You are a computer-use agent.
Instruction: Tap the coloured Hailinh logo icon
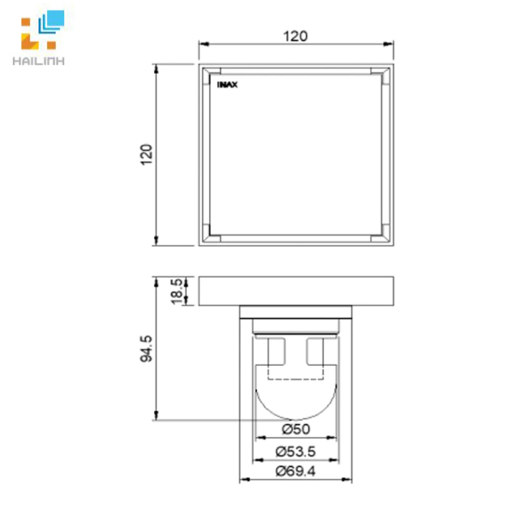[x=42, y=32]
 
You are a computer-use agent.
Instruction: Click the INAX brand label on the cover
[x=227, y=85]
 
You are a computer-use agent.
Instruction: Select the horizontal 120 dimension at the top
[x=296, y=36]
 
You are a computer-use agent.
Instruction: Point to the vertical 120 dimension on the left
[x=147, y=155]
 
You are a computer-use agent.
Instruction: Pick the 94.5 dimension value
[x=147, y=348]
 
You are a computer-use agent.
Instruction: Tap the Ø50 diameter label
[x=296, y=429]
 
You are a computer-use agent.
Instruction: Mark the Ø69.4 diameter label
[x=296, y=471]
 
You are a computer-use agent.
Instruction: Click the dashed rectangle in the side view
[x=296, y=374]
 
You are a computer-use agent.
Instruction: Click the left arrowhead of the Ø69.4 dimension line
[x=243, y=479]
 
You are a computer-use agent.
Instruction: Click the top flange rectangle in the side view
[x=296, y=291]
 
